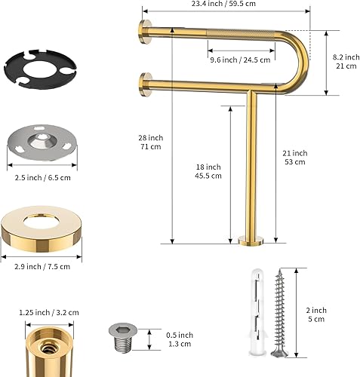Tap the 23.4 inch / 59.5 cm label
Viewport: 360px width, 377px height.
pyautogui.click(x=224, y=5)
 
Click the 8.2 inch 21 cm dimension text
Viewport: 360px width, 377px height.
pyautogui.click(x=346, y=61)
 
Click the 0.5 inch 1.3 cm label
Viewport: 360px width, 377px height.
pyautogui.click(x=180, y=340)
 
